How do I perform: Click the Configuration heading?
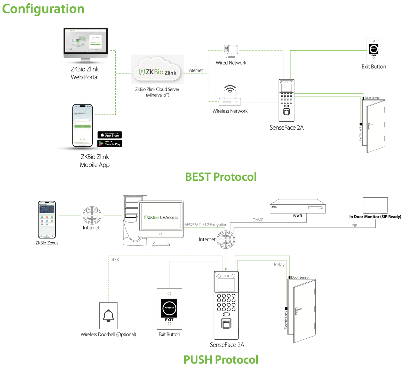pos(43,9)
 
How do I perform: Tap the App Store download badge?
pos(110,135)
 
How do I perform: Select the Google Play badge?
pos(110,144)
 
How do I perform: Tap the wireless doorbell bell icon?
pos(108,316)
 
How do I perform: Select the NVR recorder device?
pos(298,206)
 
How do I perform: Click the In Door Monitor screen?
pos(375,205)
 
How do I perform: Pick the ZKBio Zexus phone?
pos(47,220)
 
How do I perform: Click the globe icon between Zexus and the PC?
pos(92,215)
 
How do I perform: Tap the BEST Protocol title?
pos(221,177)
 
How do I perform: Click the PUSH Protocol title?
pos(221,360)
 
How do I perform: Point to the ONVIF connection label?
pos(258,220)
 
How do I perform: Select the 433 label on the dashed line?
pos(115,260)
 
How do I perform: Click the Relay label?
pos(279,265)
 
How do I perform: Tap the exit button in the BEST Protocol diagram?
pos(374,49)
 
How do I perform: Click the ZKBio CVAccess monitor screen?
pos(161,216)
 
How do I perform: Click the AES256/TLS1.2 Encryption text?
pos(206,225)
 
